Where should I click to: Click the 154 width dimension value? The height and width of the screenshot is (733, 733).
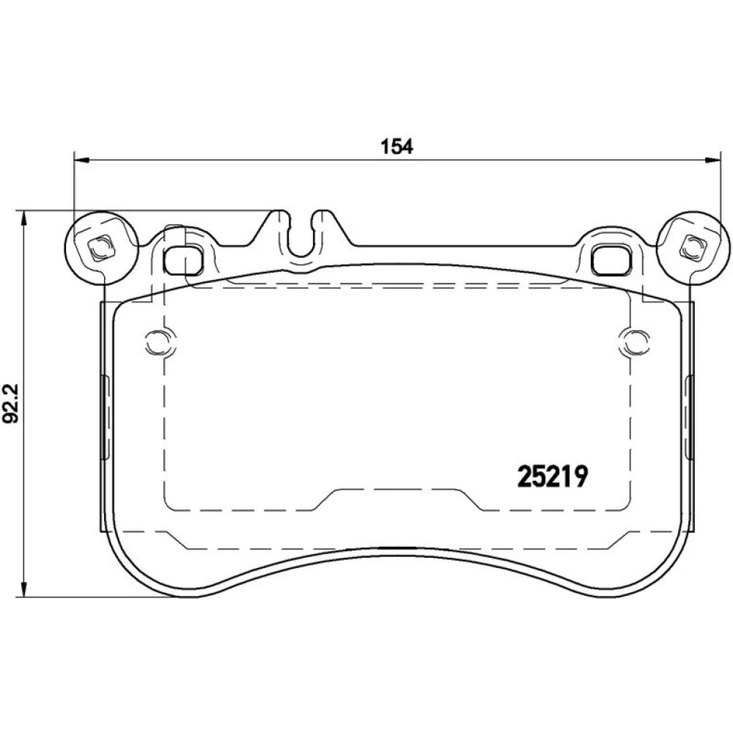397,147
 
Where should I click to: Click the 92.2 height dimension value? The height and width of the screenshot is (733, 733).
10,403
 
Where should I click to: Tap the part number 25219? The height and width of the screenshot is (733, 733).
553,477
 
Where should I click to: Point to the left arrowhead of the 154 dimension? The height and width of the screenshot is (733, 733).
81,161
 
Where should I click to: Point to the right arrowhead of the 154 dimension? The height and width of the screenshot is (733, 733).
713,161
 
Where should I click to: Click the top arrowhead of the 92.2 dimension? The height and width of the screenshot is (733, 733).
23,218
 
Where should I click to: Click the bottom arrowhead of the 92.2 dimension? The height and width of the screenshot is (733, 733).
23,589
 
